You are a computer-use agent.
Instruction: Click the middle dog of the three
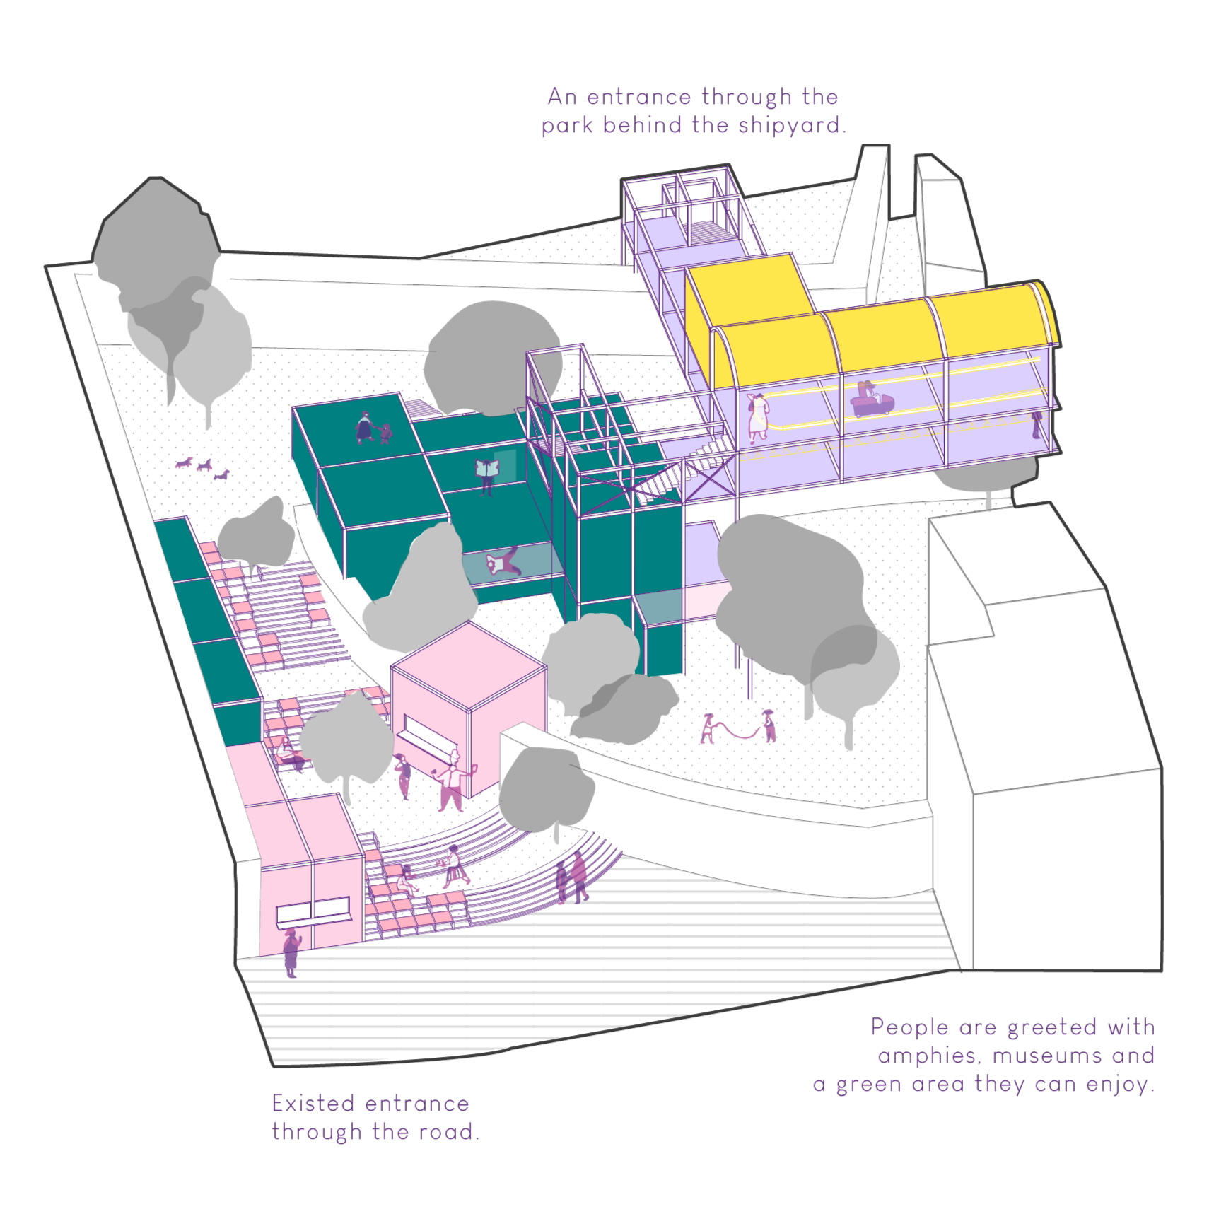coord(204,466)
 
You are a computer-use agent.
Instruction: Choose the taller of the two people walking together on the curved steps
coord(579,876)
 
